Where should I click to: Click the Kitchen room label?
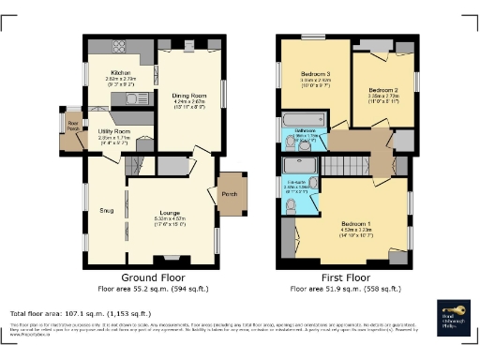tap(121, 72)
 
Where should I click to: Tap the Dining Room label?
tap(187, 96)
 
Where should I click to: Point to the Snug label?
tap(105, 211)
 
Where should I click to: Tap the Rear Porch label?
tap(71, 123)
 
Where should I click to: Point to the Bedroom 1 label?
tap(357, 223)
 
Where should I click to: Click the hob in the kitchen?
tap(121, 47)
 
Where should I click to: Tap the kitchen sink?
tap(133, 97)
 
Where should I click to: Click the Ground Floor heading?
tap(154, 278)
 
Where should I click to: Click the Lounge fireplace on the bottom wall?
tap(172, 258)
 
